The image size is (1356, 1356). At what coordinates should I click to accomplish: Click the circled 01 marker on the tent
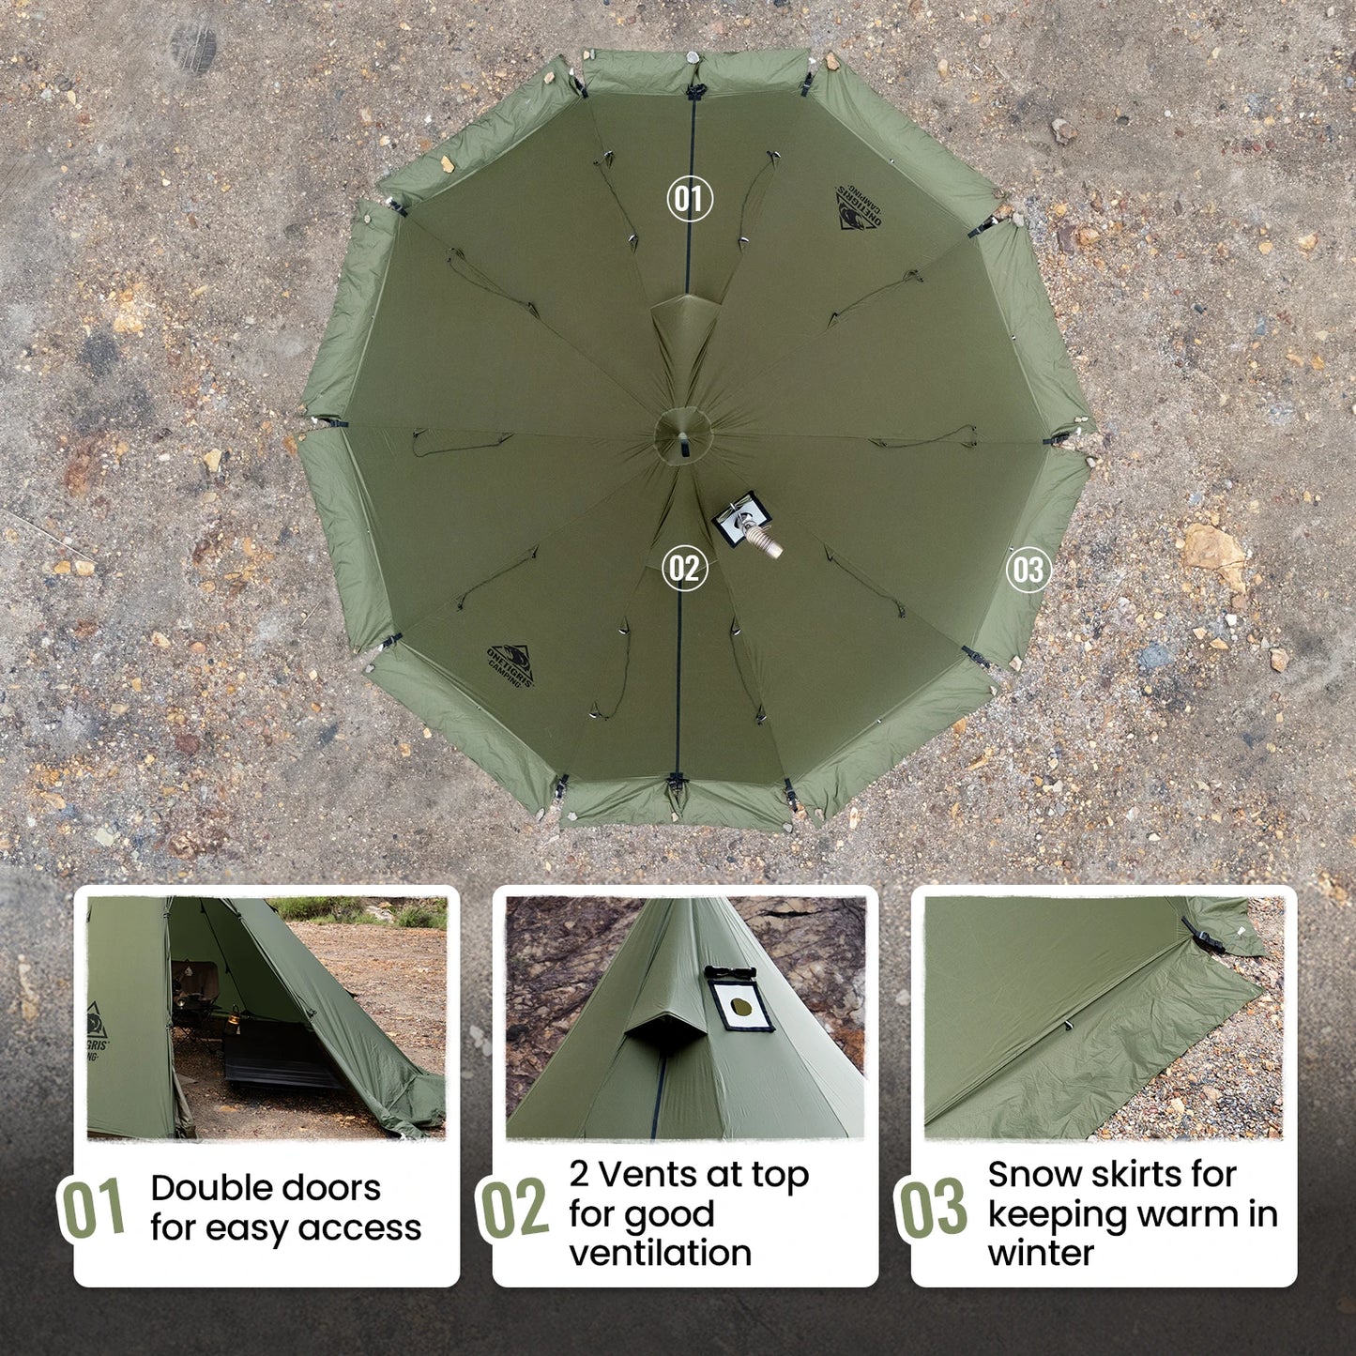pos(690,199)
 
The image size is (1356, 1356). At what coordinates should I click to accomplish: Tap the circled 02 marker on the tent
pos(684,569)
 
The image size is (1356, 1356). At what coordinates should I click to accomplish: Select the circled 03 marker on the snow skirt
pos(1028,570)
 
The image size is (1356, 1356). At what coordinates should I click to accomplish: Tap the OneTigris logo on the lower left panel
pos(510,665)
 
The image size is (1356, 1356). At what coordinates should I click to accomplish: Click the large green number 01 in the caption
pos(92,1208)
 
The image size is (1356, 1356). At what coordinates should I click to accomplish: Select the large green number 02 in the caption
pos(513,1208)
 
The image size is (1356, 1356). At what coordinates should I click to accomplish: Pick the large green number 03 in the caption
pos(931,1208)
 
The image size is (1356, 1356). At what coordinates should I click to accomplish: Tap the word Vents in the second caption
pos(656,1174)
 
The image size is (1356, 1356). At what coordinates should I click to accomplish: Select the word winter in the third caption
pos(1041,1253)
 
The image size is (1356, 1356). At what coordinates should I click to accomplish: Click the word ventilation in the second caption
pos(660,1253)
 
